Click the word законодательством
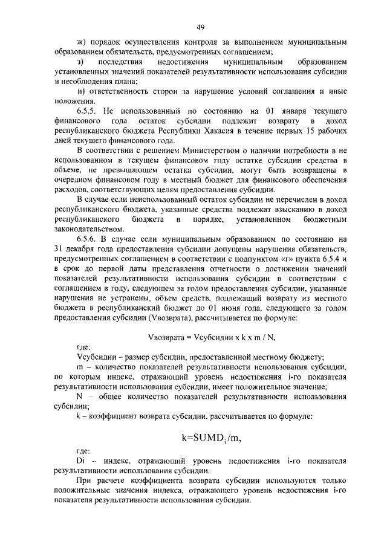pos(89,228)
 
